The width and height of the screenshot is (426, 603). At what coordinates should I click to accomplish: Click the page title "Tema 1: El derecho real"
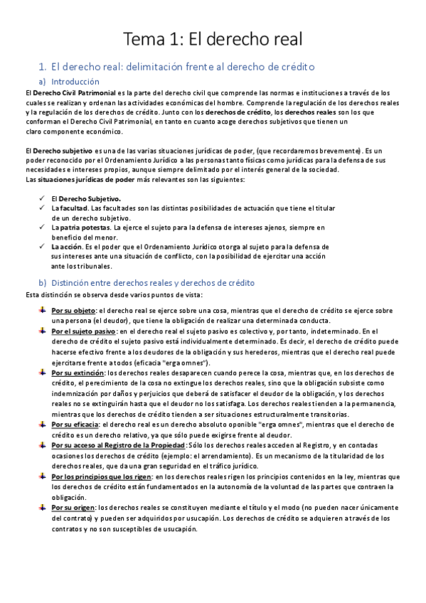[x=213, y=37]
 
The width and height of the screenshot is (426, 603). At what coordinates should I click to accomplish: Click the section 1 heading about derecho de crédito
[x=183, y=66]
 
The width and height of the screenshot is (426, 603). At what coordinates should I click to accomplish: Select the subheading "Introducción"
[x=80, y=82]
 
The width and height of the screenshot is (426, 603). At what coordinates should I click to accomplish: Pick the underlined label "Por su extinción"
[x=78, y=372]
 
